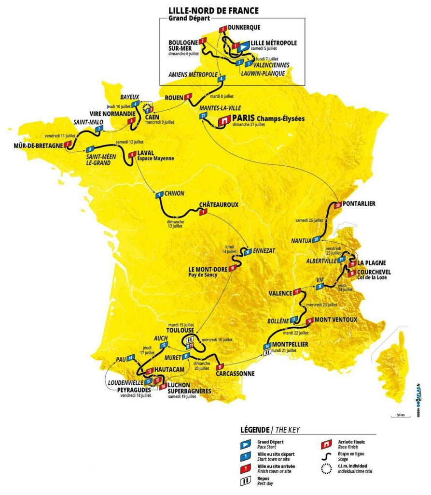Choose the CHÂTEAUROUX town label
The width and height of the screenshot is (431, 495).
[x=219, y=204]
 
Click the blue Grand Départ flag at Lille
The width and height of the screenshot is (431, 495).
[x=244, y=45]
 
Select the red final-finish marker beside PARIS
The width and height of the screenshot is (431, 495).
[x=224, y=119]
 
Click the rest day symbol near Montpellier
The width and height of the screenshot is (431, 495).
[x=266, y=353]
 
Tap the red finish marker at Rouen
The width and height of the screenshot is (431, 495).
[x=187, y=97]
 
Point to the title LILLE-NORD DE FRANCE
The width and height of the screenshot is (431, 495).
[x=213, y=10]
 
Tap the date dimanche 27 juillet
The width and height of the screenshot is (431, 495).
[x=249, y=124]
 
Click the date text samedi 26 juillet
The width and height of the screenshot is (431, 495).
[x=309, y=220]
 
